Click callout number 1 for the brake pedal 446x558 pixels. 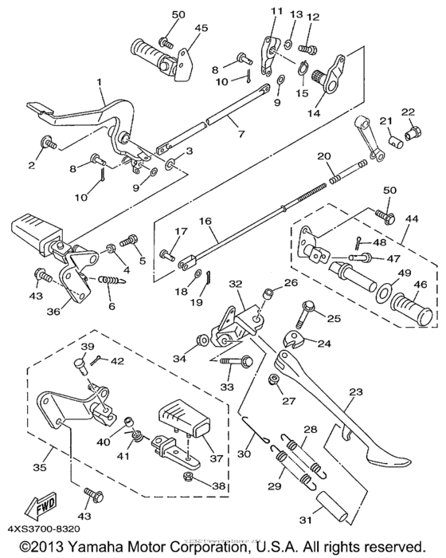[x=100, y=83]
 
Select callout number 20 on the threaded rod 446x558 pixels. [x=323, y=156]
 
